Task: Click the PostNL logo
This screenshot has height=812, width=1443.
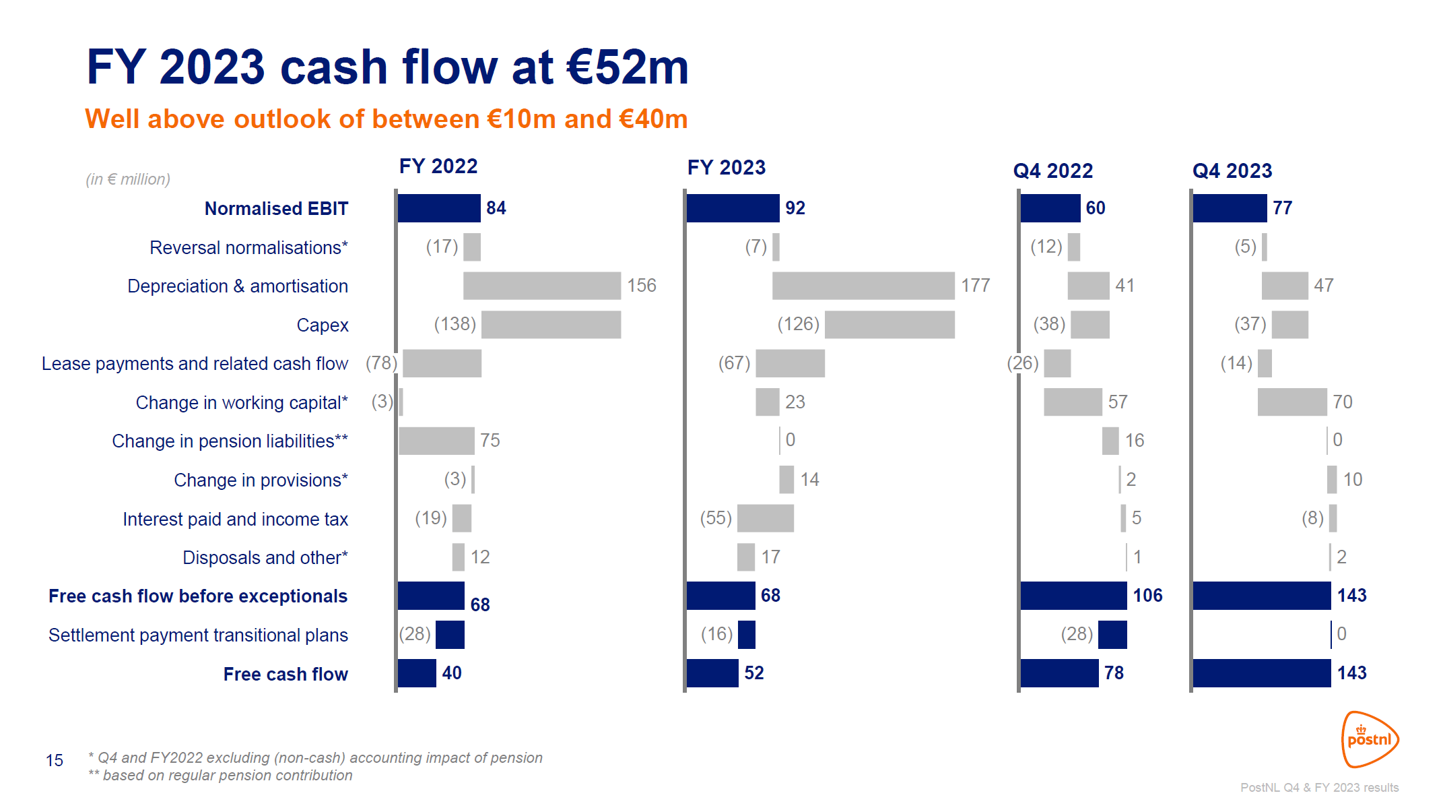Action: [1370, 739]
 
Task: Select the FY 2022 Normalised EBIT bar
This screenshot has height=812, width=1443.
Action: [439, 208]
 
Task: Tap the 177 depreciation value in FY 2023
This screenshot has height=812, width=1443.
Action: [975, 286]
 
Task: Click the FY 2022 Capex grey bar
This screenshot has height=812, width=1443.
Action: [551, 325]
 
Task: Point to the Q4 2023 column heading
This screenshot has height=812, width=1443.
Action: [1232, 171]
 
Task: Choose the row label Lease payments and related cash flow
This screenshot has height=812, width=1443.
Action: [195, 364]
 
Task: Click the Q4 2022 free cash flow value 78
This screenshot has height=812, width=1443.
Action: [1114, 673]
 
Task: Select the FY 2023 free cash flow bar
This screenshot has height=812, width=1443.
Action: [712, 673]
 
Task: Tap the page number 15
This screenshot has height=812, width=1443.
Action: [55, 761]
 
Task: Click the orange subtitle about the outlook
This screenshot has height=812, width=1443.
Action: [386, 119]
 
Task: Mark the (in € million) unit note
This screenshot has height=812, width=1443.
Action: [128, 179]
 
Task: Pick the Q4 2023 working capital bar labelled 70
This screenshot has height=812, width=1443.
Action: [1291, 402]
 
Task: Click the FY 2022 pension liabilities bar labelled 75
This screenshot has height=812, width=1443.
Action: [436, 441]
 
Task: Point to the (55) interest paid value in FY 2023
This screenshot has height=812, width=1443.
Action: [716, 518]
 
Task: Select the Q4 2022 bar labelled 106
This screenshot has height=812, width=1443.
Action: [1073, 596]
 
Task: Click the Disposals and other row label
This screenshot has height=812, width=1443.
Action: [265, 558]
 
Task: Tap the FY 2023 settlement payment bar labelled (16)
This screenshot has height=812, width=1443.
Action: [746, 635]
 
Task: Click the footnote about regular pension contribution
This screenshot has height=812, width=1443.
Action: [221, 776]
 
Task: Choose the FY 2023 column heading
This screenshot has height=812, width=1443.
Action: [726, 168]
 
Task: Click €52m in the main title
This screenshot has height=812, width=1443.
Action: [627, 67]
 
